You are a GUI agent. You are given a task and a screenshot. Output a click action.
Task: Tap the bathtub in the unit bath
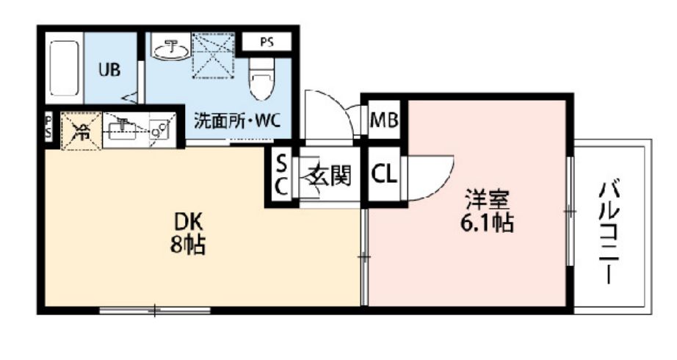click(x=65, y=71)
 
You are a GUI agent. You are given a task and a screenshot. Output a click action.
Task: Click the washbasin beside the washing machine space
click(x=170, y=48)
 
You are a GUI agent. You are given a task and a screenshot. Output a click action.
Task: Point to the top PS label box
click(x=266, y=42)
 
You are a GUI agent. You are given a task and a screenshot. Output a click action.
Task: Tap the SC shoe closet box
click(x=281, y=175)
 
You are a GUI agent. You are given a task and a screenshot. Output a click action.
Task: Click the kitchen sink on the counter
click(x=122, y=131)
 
